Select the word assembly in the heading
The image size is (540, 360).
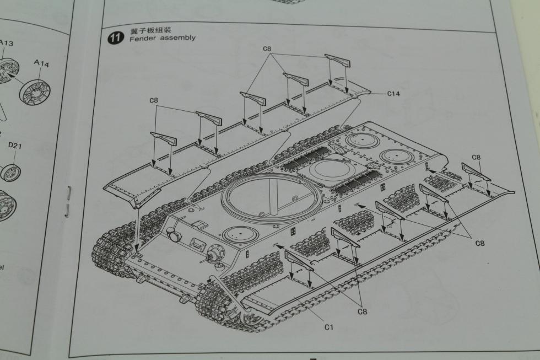177,38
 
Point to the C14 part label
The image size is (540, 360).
393,94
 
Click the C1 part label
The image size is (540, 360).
329,327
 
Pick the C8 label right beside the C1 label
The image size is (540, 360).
362,312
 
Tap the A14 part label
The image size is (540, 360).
41,64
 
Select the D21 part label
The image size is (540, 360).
15,146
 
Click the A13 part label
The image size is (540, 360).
7,43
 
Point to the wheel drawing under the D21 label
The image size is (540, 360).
10,173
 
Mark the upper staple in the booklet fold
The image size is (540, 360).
69,193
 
